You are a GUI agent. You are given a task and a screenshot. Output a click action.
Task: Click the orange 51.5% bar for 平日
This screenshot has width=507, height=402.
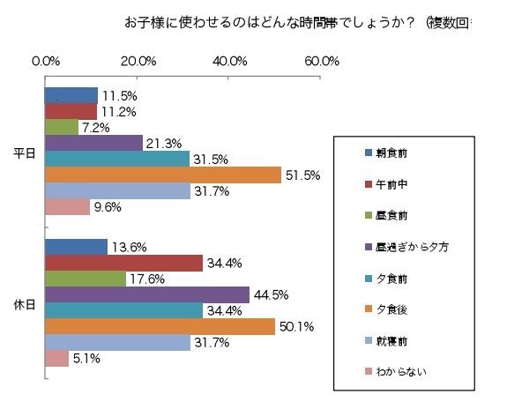[x=163, y=175]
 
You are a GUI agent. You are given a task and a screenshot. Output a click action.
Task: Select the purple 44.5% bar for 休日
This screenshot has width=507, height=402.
[x=147, y=294]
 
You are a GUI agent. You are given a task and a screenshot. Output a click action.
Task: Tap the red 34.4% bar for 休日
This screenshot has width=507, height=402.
[x=124, y=263]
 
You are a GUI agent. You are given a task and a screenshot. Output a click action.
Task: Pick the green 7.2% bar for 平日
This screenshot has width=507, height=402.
[x=62, y=127]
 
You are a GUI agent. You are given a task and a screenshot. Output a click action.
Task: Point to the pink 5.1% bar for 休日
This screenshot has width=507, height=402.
[x=56, y=358]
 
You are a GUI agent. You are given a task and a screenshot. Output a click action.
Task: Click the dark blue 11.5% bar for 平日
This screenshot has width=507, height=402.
[x=71, y=95]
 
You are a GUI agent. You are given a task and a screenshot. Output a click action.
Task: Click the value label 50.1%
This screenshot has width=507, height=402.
[x=299, y=327]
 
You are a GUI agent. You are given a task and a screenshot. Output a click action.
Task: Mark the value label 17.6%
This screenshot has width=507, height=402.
[x=147, y=279]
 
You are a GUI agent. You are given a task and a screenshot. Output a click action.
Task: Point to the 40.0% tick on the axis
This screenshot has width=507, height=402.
[x=229, y=61]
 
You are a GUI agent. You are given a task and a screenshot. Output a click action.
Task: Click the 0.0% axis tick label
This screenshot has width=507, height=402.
[x=46, y=61]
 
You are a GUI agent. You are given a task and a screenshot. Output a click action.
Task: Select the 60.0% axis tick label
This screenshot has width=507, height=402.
[x=322, y=61]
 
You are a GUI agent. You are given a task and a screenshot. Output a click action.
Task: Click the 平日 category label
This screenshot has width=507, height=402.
[x=26, y=153]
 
